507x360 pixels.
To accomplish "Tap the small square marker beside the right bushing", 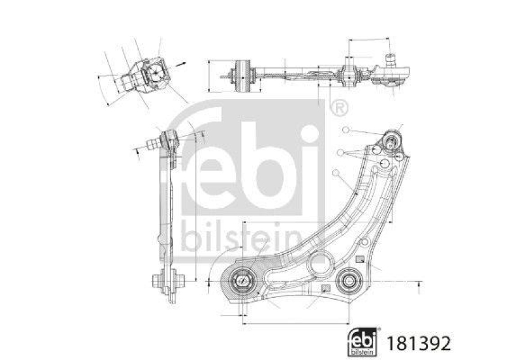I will click(359, 259).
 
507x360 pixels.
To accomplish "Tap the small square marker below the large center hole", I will click(326, 290).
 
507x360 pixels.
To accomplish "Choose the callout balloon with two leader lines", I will click(341, 153).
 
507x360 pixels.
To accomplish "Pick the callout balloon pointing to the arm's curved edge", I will click(335, 171).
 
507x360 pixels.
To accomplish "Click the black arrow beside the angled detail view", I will click(183, 64).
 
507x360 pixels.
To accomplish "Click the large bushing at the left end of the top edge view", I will click(243, 75).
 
